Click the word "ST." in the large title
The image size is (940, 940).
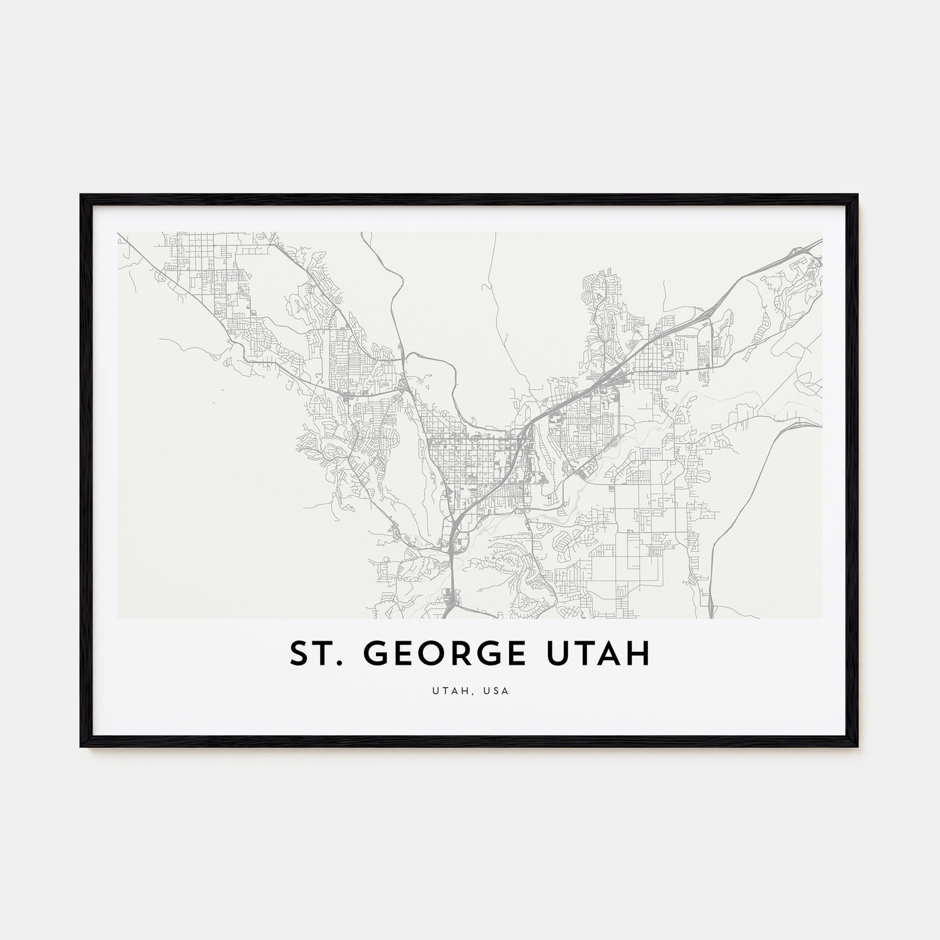[314, 655]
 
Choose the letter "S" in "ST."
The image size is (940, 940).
[299, 655]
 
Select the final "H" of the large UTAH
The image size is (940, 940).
[640, 655]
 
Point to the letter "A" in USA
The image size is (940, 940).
[504, 691]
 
